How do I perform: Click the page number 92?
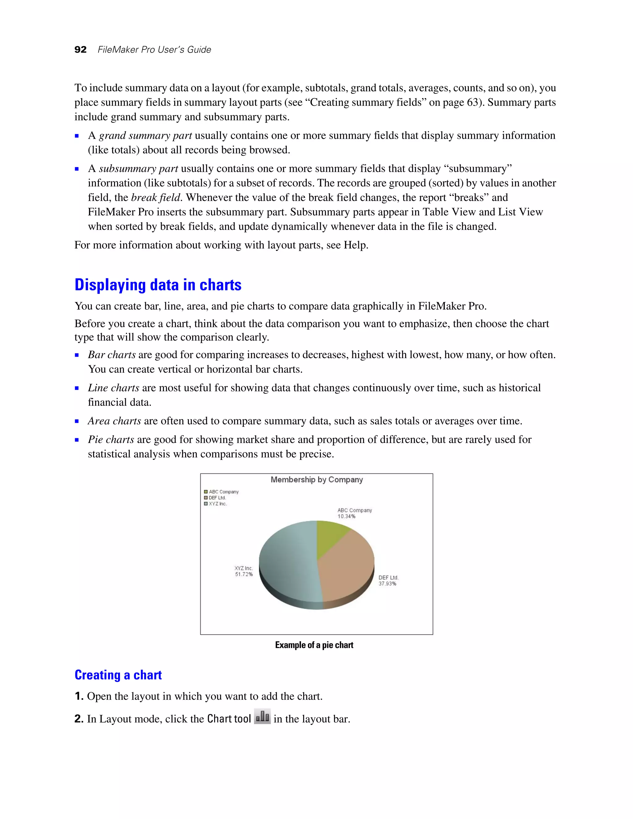(x=80, y=49)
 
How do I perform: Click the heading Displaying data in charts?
(x=158, y=285)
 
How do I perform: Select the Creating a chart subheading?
(x=118, y=675)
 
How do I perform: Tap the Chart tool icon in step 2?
(x=262, y=717)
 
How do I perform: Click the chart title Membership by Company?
(x=316, y=480)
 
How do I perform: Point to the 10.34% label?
(x=346, y=516)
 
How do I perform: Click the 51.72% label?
(x=244, y=574)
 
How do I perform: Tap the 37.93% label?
(x=387, y=583)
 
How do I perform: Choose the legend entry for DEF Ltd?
(x=217, y=498)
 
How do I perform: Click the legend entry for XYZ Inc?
(x=218, y=504)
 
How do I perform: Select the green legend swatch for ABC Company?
(x=206, y=492)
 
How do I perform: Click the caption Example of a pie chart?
(x=314, y=645)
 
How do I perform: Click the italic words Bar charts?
(x=112, y=355)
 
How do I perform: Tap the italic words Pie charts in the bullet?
(x=111, y=439)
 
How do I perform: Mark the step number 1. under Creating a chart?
(x=79, y=696)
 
